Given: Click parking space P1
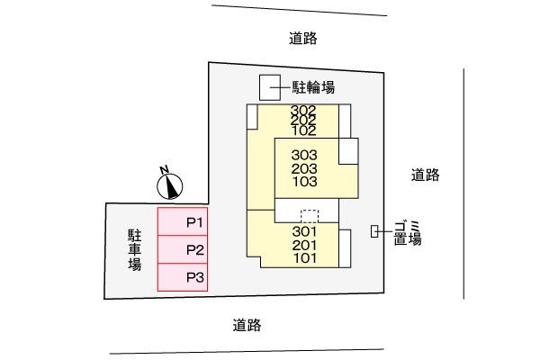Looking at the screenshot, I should (x=183, y=221).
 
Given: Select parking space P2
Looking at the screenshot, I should (x=183, y=249).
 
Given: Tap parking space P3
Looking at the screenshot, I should (x=183, y=277).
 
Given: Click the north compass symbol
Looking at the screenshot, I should (x=168, y=184).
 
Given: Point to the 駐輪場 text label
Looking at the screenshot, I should (x=313, y=88).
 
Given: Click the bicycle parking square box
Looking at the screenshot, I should (x=271, y=87).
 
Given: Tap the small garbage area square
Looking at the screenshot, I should (x=374, y=231).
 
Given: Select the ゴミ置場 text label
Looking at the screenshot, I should (x=408, y=231).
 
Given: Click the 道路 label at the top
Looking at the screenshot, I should (x=304, y=39).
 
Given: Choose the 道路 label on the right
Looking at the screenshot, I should (x=425, y=175).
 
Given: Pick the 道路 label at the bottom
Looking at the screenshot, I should (x=246, y=324).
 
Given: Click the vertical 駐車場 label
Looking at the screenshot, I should (x=134, y=249).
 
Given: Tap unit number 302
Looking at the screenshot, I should (x=303, y=112).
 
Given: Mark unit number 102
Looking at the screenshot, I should (x=303, y=130).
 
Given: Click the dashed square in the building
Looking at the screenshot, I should (x=308, y=216).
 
